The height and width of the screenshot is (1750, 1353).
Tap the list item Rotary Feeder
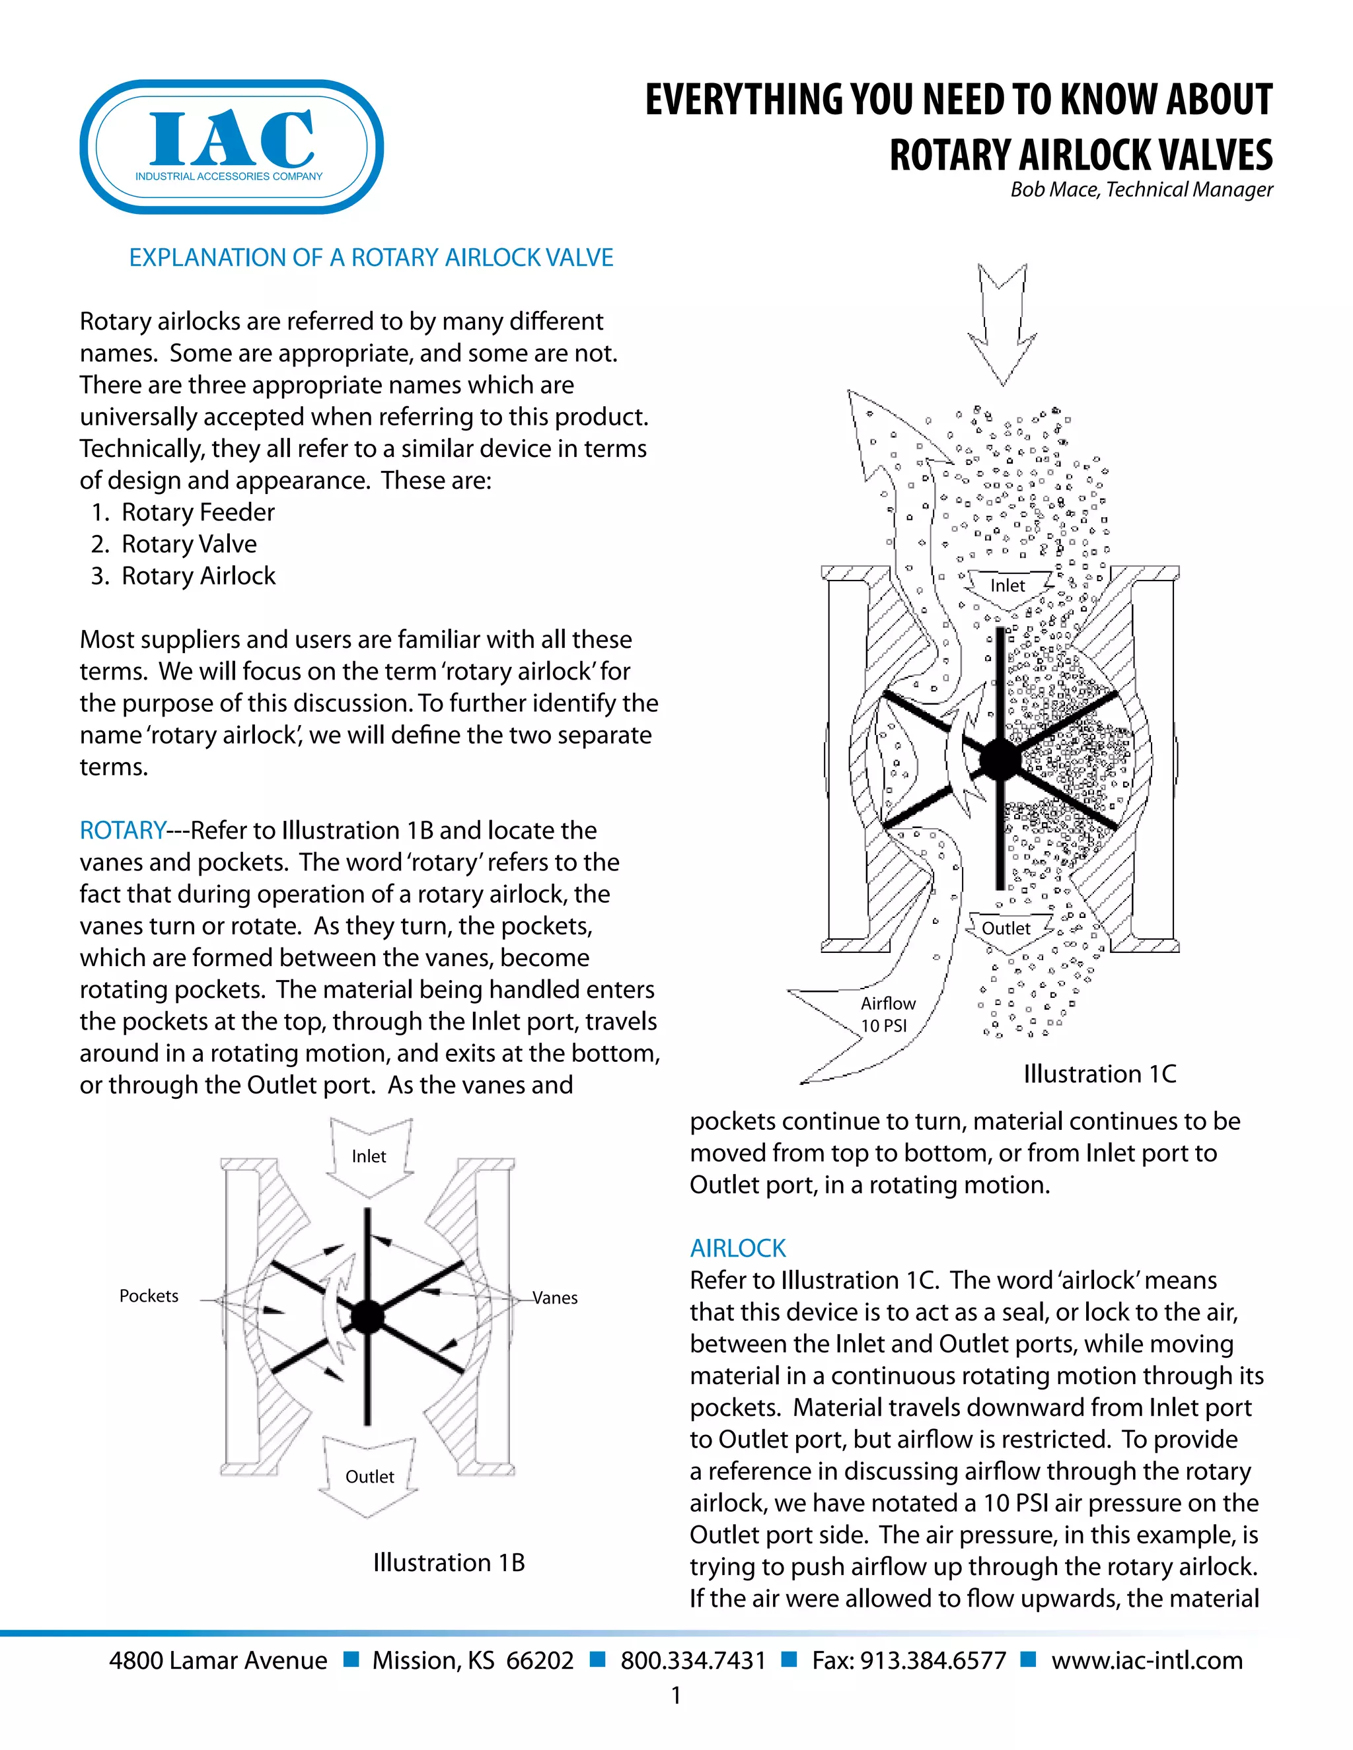pyautogui.click(x=197, y=512)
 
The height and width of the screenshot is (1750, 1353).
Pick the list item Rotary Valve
pyautogui.click(x=188, y=544)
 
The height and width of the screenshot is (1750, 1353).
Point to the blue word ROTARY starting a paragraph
pyautogui.click(x=123, y=830)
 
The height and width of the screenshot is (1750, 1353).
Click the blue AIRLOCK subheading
pyautogui.click(x=737, y=1247)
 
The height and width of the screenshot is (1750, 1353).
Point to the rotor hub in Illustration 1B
pyautogui.click(x=368, y=1317)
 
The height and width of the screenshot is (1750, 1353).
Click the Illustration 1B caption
pyautogui.click(x=449, y=1562)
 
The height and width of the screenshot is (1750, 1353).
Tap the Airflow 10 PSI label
pyautogui.click(x=887, y=1014)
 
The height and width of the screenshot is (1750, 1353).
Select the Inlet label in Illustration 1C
pyautogui.click(x=1007, y=586)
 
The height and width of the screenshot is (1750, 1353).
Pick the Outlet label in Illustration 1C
pyautogui.click(x=1006, y=928)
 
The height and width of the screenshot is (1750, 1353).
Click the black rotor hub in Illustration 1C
pyautogui.click(x=1000, y=759)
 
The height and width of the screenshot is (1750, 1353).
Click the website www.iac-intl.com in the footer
pyautogui.click(x=1146, y=1660)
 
